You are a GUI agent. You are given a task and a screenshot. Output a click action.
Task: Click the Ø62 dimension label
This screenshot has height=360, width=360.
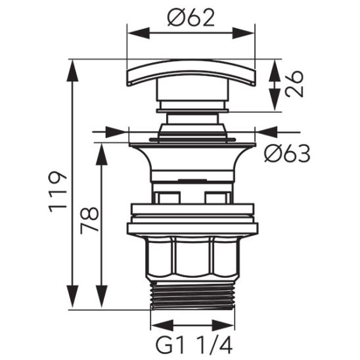pyautogui.click(x=191, y=18)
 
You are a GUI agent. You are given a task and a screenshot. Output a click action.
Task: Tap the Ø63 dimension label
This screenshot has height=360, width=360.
pyautogui.click(x=286, y=154)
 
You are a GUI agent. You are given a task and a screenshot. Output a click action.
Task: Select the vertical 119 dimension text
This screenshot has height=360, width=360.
pyautogui.click(x=58, y=191)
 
